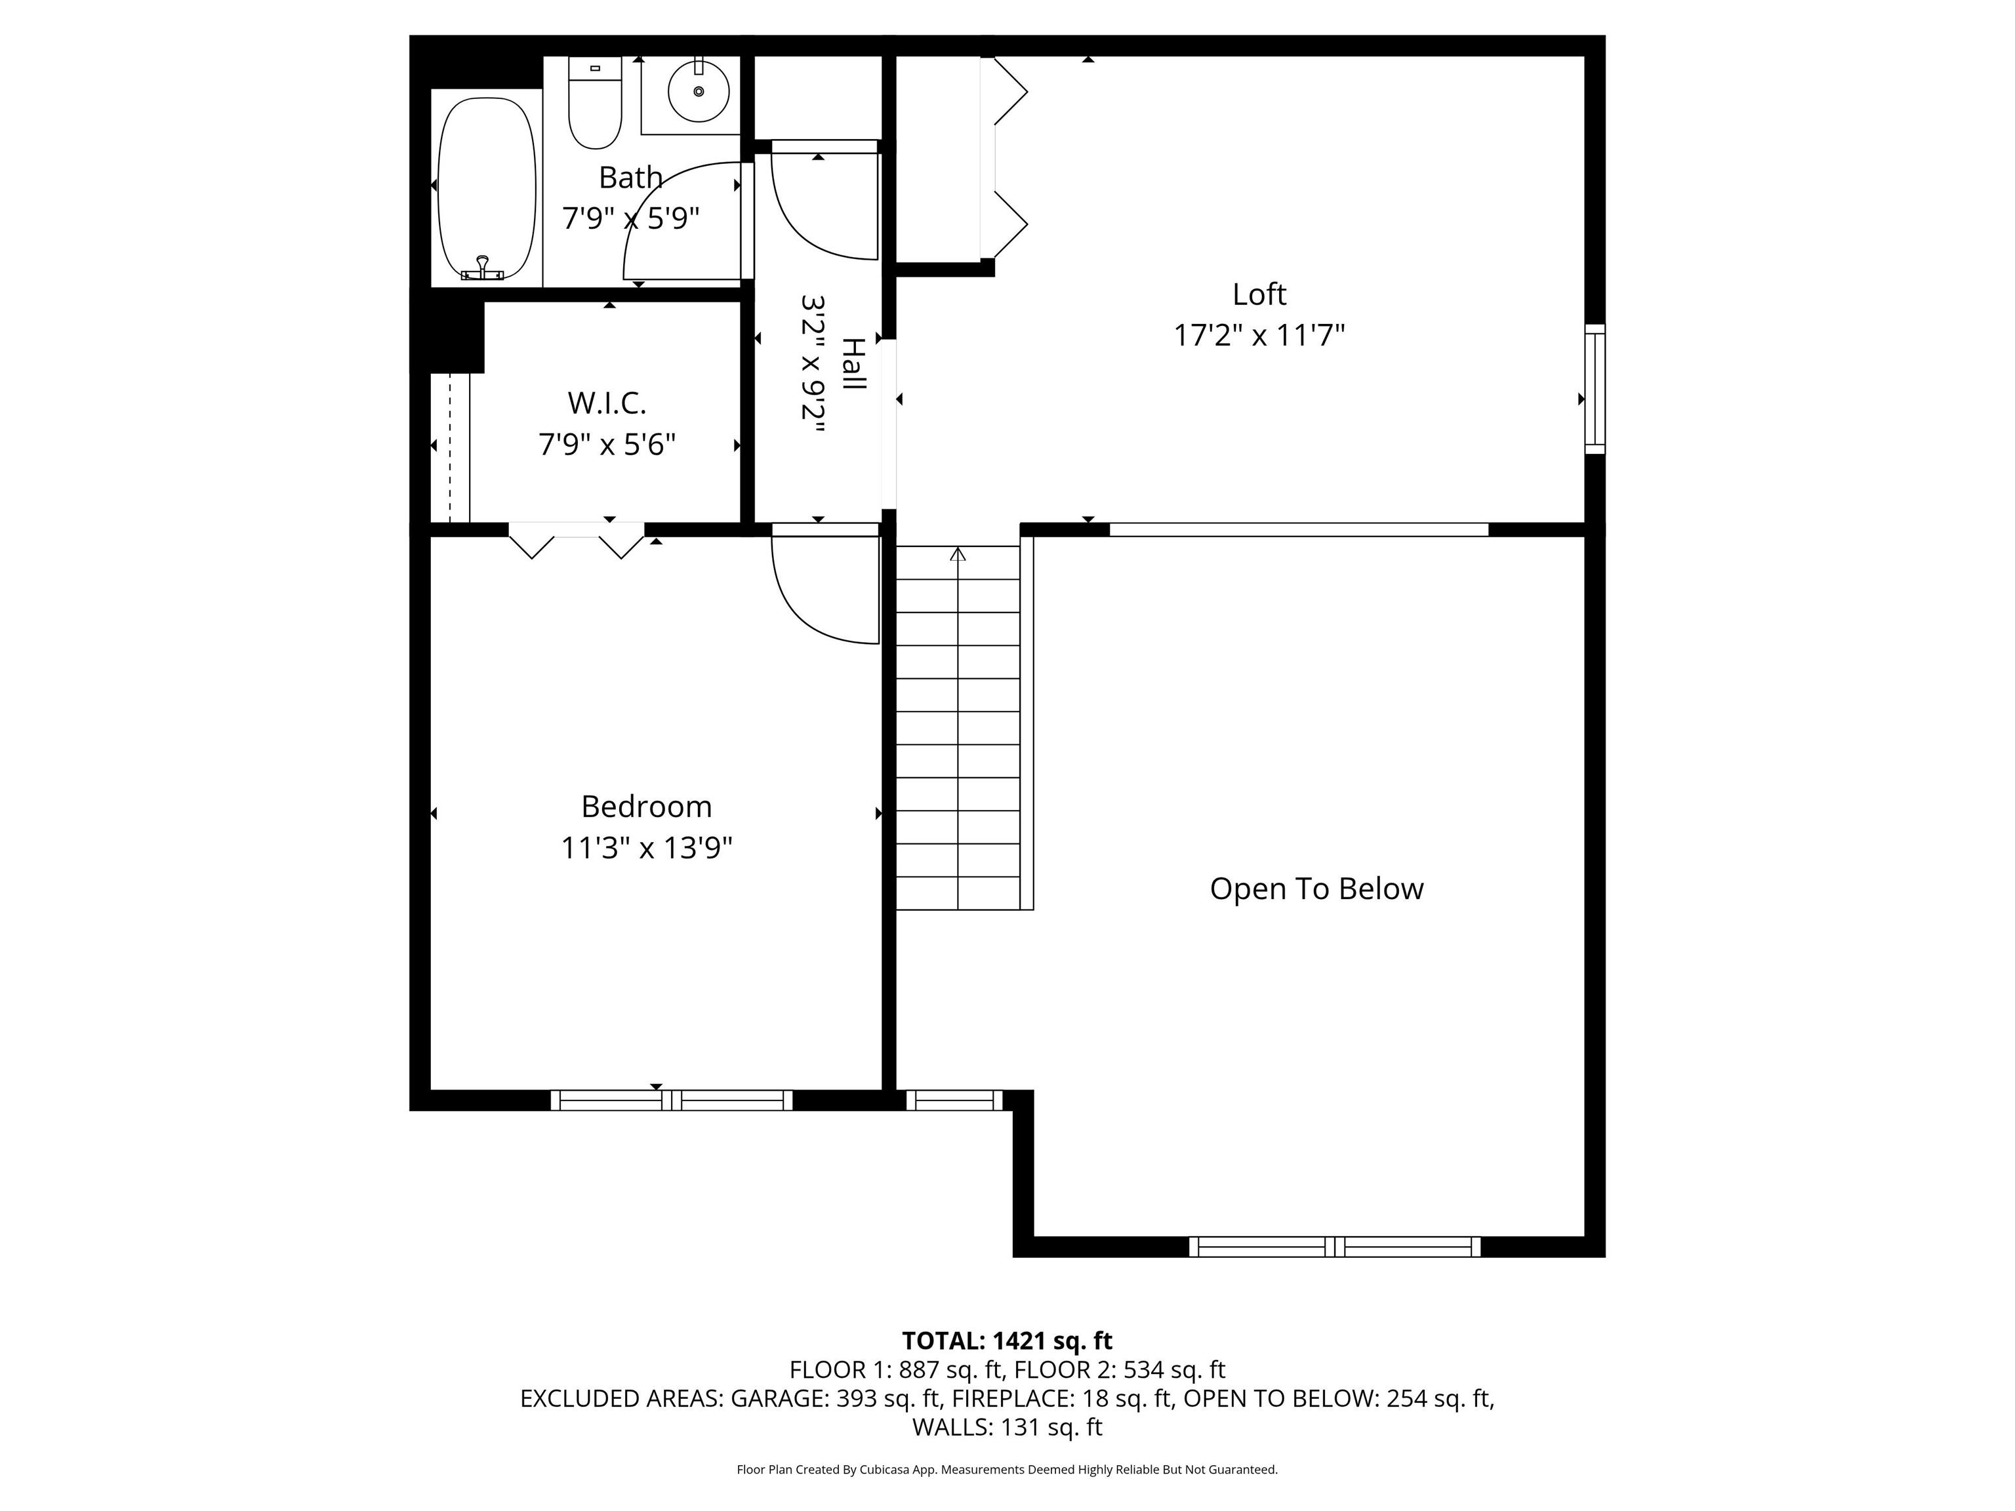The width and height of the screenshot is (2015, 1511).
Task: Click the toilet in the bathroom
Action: point(595,102)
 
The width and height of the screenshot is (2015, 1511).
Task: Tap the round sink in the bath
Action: point(699,92)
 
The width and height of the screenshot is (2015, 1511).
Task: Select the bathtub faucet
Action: point(482,269)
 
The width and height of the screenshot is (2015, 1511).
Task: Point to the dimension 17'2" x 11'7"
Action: point(1259,335)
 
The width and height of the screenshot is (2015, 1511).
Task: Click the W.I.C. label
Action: point(607,403)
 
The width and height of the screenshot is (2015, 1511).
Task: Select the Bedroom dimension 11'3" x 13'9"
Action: point(646,848)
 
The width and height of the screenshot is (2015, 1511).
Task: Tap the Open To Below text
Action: point(1316,888)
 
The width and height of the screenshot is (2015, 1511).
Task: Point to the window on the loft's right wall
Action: point(1594,389)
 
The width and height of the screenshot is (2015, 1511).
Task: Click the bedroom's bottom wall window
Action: point(672,1100)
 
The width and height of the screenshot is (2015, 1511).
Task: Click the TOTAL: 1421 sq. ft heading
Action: point(1007,1340)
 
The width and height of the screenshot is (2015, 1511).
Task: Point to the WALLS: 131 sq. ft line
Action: point(1007,1427)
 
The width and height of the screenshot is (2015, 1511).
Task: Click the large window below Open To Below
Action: point(1335,1247)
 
